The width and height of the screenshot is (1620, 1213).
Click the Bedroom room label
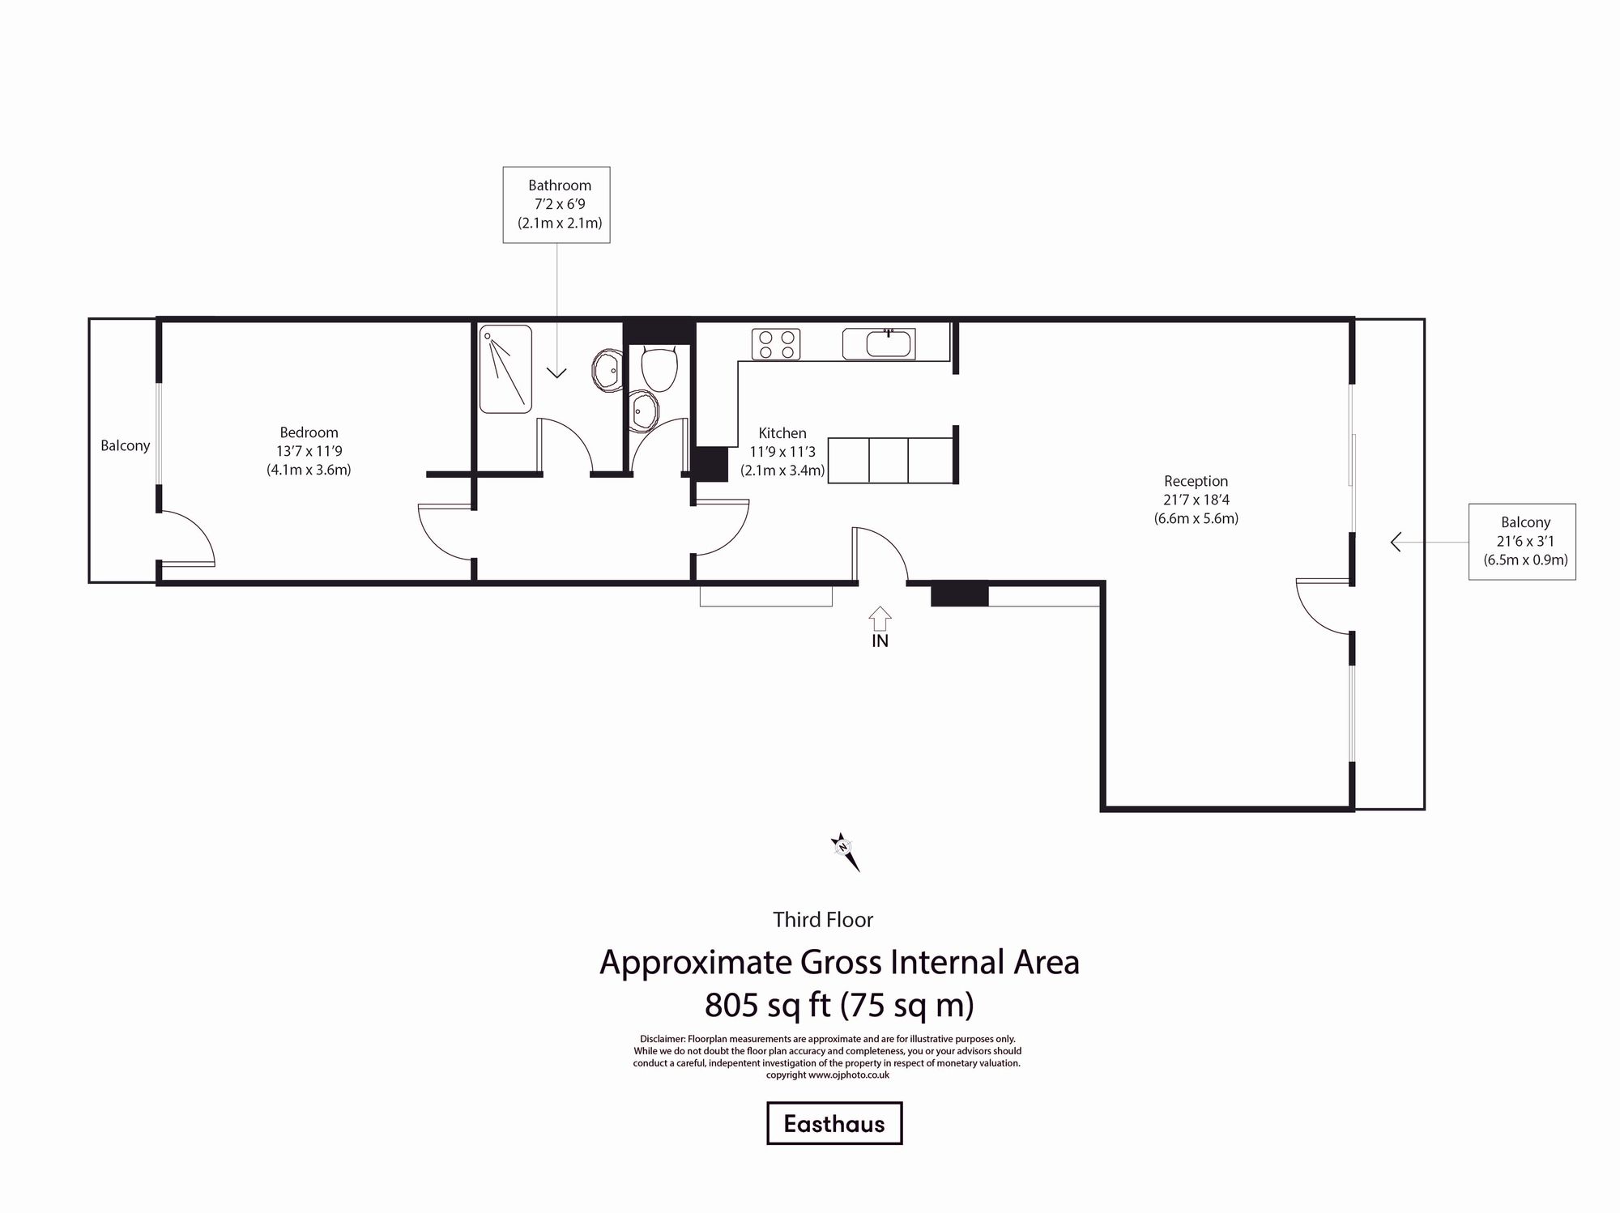(x=309, y=432)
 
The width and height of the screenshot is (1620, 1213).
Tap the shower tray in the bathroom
(x=505, y=369)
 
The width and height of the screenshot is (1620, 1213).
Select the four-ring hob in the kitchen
(x=775, y=344)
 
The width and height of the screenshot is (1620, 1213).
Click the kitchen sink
(x=879, y=344)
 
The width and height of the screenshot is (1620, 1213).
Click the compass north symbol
(x=844, y=850)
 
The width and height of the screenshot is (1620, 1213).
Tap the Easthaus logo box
(x=834, y=1123)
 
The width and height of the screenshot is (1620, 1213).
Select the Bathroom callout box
(x=556, y=205)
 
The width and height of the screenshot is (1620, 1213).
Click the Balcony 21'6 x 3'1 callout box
(x=1522, y=542)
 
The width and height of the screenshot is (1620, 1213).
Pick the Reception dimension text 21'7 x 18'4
(x=1196, y=500)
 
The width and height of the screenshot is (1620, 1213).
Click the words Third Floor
(x=823, y=920)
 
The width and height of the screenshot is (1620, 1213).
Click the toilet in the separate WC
(x=659, y=368)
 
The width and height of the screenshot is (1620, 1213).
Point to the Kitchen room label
(x=782, y=433)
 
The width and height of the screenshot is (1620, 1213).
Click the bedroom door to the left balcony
(x=186, y=538)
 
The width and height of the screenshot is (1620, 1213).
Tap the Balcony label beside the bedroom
(x=125, y=445)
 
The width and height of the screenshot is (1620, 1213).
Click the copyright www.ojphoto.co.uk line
(x=827, y=1075)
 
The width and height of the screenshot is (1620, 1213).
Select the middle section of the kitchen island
(x=888, y=460)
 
